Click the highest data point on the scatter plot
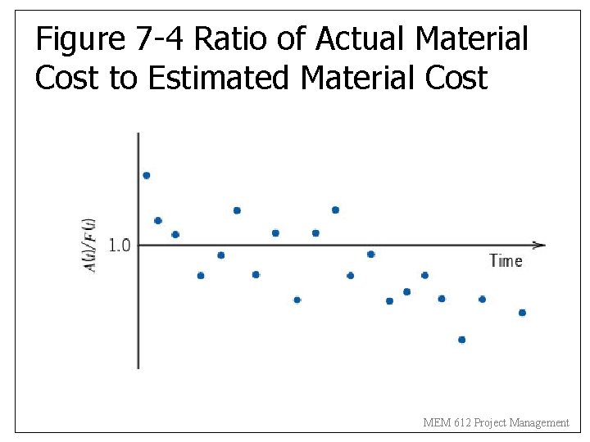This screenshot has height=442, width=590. click(x=147, y=175)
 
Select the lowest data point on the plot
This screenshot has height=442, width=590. click(x=462, y=340)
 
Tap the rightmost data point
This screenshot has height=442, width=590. click(x=522, y=313)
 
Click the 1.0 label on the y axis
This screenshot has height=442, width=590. click(x=119, y=245)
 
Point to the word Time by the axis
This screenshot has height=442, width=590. click(x=506, y=261)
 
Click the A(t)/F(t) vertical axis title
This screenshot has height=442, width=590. click(x=92, y=245)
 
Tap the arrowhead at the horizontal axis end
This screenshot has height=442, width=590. click(x=539, y=245)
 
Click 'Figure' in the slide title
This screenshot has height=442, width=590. click(x=80, y=38)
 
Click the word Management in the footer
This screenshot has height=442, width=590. click(x=539, y=423)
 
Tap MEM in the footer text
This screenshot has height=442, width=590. click(x=435, y=423)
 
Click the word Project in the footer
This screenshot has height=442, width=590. click(x=488, y=423)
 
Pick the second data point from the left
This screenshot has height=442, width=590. click(x=158, y=220)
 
